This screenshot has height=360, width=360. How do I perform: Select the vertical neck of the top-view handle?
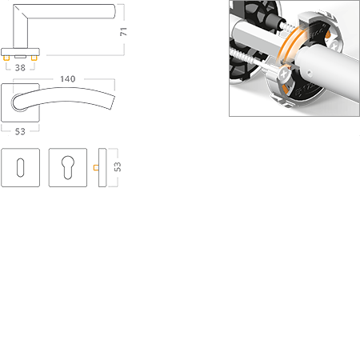tap(20, 32)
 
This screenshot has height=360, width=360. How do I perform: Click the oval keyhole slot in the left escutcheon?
tap(20, 168)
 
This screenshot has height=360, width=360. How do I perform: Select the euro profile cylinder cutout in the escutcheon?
tap(66, 168)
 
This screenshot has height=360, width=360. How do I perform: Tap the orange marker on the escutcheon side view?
tap(94, 168)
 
